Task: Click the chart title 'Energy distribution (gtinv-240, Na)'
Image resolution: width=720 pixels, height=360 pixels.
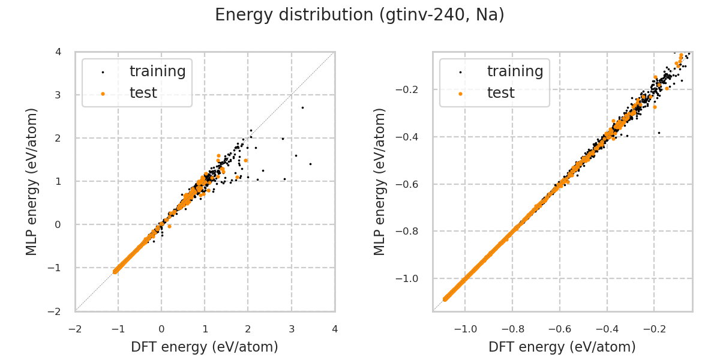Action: coord(359,15)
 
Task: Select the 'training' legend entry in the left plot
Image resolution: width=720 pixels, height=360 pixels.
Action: coord(157,71)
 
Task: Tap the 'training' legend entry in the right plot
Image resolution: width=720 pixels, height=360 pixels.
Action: coord(515,71)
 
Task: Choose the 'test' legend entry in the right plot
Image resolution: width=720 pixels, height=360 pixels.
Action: coord(500,93)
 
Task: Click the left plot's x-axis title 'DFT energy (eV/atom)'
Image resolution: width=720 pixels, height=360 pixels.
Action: coord(205,347)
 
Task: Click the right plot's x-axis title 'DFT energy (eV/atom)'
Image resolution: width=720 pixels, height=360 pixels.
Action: coord(562,347)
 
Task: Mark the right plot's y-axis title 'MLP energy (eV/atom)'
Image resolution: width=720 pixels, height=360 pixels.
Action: coord(380,181)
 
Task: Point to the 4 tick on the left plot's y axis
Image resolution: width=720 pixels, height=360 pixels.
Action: coord(58,52)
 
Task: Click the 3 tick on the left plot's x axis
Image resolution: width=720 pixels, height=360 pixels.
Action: coord(292,329)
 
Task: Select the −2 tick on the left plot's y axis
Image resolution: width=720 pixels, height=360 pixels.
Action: coord(56,311)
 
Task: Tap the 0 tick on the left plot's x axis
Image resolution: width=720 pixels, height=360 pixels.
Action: coord(161,329)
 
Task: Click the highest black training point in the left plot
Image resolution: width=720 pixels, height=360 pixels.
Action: coord(302,107)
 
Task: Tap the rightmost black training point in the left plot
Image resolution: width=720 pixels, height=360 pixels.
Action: coord(310,164)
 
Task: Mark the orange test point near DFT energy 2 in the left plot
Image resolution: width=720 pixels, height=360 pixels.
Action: coord(246,160)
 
